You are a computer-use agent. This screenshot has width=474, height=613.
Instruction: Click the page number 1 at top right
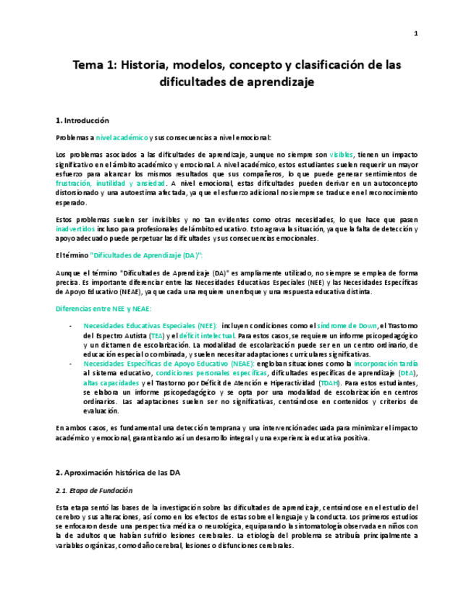pyautogui.click(x=416, y=33)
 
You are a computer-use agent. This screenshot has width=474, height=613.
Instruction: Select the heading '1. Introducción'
pyautogui.click(x=82, y=120)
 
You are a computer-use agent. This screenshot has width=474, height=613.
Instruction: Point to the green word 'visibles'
pyautogui.click(x=341, y=155)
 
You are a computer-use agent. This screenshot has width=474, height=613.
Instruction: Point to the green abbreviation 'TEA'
pyautogui.click(x=157, y=335)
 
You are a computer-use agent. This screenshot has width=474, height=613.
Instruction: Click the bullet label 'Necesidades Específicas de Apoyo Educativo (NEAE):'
pyautogui.click(x=168, y=364)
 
